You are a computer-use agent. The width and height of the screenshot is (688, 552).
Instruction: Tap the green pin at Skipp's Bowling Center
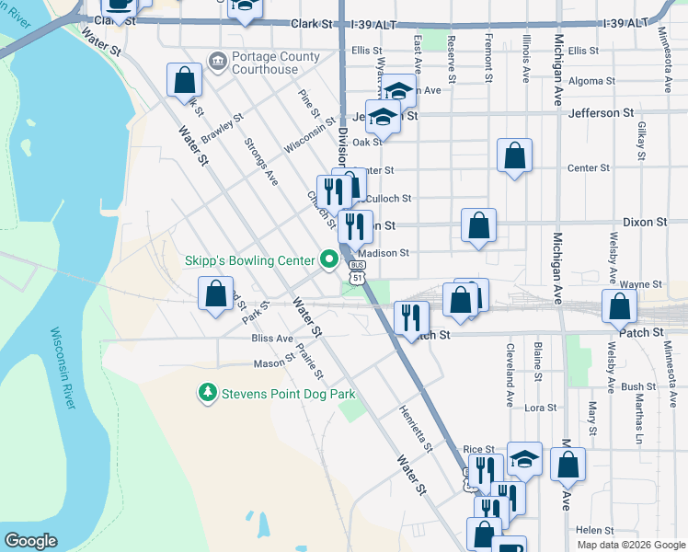[x=327, y=261]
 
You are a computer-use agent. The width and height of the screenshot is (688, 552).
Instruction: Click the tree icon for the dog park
[x=208, y=394]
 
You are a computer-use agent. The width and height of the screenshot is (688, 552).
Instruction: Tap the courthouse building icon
[x=217, y=63]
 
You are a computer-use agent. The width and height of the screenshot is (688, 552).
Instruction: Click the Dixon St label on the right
[x=644, y=223]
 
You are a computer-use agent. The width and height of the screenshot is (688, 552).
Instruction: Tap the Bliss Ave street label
[x=272, y=339]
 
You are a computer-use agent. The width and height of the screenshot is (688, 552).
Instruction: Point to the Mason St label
[x=273, y=363]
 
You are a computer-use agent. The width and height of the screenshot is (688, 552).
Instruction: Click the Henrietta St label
[x=416, y=429]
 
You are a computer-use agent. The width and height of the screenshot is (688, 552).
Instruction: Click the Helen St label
[x=594, y=530]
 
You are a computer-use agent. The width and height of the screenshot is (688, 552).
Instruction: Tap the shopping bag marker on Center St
[x=514, y=155]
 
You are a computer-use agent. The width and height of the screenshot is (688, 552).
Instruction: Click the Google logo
[x=31, y=541]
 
